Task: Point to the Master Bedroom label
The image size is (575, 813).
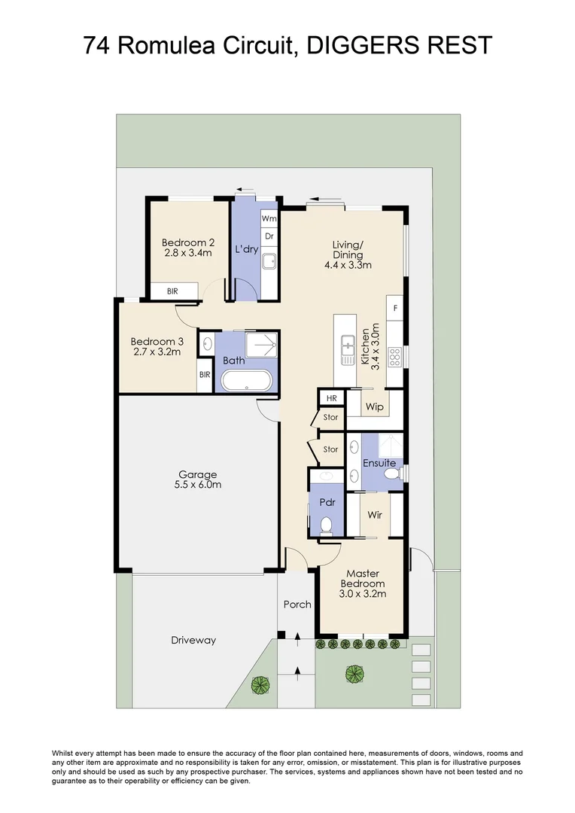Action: tap(363, 583)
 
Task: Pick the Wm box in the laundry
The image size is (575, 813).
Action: tap(269, 218)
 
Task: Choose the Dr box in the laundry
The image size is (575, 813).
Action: tap(269, 236)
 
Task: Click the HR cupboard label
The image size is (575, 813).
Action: tap(330, 397)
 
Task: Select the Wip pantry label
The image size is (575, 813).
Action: tap(374, 407)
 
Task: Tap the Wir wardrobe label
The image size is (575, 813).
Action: tap(375, 516)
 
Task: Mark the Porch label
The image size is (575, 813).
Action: tap(297, 604)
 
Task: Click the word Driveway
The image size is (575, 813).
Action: tap(193, 640)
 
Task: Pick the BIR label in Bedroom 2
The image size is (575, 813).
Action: tap(172, 291)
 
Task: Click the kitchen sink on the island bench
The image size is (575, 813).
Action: tap(347, 349)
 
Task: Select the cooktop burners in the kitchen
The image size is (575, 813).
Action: tap(394, 355)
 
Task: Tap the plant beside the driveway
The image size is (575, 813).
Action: tap(260, 684)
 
